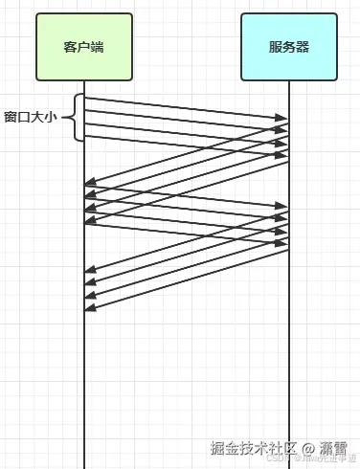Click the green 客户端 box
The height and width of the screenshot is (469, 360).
[83, 46]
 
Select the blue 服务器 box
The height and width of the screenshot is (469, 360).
[289, 46]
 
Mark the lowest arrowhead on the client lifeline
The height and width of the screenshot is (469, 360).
[89, 307]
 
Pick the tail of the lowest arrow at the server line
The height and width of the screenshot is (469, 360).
[288, 251]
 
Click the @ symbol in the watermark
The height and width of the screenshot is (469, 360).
[308, 447]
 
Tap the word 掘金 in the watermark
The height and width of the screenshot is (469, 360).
[225, 447]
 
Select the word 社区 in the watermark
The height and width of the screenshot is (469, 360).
[284, 447]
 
